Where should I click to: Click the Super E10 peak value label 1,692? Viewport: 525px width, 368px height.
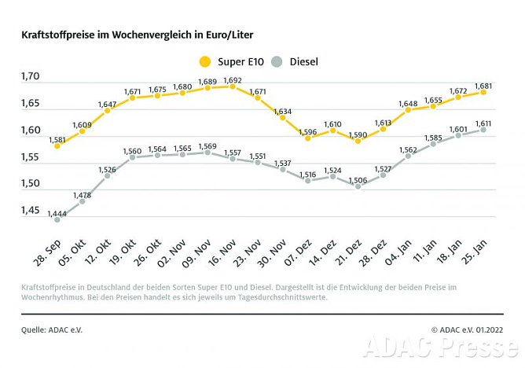(x=233, y=79)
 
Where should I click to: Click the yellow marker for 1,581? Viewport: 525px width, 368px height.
(x=57, y=145)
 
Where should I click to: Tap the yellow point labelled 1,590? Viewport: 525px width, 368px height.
(x=358, y=141)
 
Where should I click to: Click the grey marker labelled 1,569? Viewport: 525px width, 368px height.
(x=207, y=153)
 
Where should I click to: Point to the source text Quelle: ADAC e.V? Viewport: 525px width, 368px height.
(x=51, y=329)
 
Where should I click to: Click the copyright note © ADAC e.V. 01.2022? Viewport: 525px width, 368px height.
(x=467, y=329)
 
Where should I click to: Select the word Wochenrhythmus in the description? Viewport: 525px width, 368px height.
(x=53, y=297)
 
